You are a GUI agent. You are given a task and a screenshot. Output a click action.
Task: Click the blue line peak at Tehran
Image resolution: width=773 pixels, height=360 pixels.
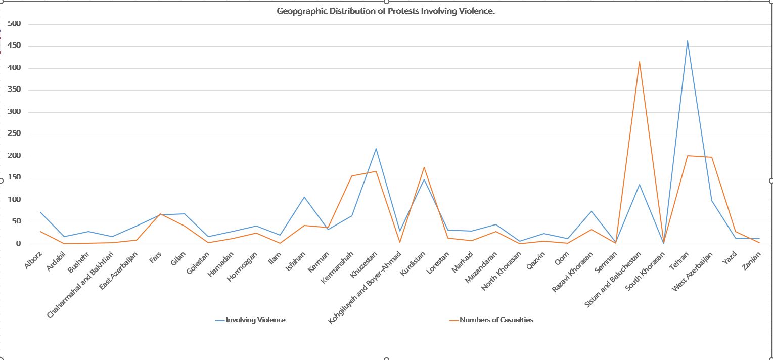[x=688, y=41]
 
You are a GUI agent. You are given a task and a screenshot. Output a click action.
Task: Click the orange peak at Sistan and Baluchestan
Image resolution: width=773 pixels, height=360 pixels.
[x=640, y=62]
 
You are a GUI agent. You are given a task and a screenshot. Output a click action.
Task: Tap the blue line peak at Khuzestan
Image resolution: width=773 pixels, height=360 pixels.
[x=376, y=148]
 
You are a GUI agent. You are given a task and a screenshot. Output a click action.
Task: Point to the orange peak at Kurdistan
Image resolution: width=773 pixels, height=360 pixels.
[x=424, y=167]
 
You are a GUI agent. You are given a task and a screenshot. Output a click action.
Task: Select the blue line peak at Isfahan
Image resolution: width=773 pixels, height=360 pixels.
[x=304, y=197]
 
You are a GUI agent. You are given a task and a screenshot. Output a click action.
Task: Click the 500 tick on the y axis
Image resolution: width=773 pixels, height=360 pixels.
[x=14, y=24]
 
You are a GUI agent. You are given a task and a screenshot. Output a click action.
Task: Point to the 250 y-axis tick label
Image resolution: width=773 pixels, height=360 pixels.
[x=14, y=133]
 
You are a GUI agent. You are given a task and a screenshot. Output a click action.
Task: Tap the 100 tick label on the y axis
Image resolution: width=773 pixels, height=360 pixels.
[x=14, y=199]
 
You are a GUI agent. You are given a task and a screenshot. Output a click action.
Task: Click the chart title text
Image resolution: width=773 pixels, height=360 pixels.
[x=385, y=11]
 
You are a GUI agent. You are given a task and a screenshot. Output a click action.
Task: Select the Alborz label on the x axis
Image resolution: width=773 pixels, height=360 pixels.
[x=33, y=258]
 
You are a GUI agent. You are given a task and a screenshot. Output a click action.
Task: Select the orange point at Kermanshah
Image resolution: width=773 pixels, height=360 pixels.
[x=352, y=176]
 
